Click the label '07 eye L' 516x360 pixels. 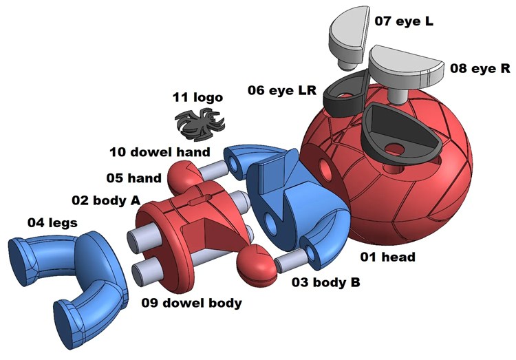(404, 21)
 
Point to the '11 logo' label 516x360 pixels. (197, 98)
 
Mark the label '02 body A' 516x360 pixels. (106, 200)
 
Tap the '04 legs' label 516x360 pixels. (52, 222)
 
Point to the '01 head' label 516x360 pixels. (389, 257)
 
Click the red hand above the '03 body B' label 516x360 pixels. (255, 264)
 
